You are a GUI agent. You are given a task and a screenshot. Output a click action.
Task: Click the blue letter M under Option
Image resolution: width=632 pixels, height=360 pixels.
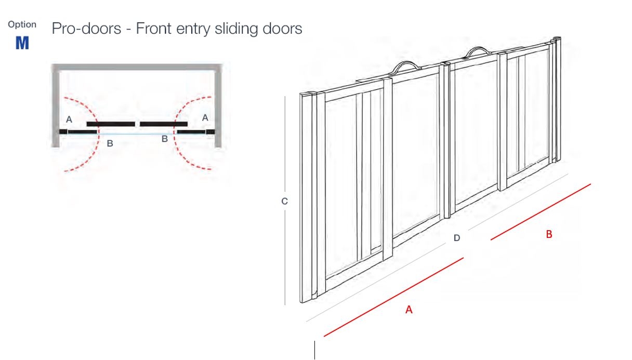(x=22, y=43)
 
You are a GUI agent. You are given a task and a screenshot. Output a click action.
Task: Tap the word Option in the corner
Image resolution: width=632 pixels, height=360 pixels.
(x=22, y=24)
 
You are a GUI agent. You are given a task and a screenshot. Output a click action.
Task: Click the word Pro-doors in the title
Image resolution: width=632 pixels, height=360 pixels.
(x=86, y=28)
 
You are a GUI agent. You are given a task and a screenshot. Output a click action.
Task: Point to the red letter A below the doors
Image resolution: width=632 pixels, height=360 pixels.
(x=409, y=310)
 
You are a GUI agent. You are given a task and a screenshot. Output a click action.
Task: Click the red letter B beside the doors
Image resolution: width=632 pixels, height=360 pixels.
(x=549, y=234)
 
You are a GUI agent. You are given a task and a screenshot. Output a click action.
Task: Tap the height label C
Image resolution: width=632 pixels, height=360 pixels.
(x=284, y=201)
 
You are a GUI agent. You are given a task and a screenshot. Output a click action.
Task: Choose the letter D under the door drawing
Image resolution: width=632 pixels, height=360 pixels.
(x=457, y=238)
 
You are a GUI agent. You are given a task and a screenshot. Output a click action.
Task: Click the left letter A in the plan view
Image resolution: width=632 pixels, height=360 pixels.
(x=69, y=119)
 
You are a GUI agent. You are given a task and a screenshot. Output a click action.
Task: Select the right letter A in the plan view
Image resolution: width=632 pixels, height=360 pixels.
(x=205, y=117)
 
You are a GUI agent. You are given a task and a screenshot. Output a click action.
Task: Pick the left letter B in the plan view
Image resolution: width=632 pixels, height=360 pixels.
(x=110, y=143)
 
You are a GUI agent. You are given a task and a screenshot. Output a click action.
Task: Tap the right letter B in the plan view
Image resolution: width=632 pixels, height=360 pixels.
(x=164, y=139)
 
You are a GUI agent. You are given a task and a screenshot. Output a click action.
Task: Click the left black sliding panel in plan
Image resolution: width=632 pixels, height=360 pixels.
(x=111, y=124)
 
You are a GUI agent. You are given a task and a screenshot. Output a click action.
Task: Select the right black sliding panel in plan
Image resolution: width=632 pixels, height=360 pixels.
(x=164, y=124)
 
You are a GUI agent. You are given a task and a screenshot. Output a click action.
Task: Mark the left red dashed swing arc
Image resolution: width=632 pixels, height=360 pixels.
(x=82, y=134)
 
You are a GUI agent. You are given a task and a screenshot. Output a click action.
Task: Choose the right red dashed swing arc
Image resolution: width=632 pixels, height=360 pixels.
(x=192, y=133)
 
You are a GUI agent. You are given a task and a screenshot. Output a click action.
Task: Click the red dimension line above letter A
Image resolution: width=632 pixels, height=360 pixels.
(x=393, y=297)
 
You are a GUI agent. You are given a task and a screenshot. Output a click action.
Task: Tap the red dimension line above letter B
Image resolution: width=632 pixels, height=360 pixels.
(x=541, y=212)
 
